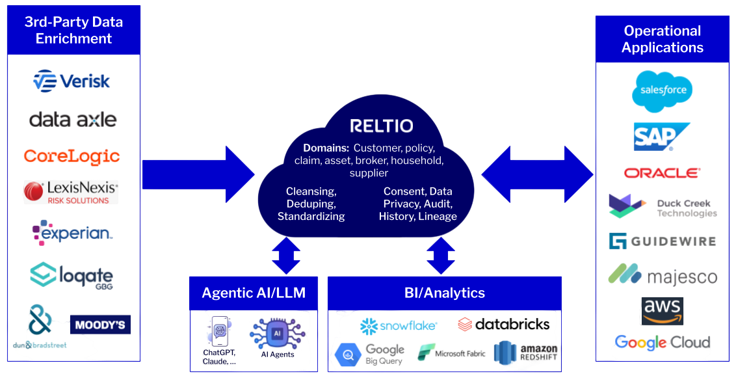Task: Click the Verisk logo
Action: tap(72, 81)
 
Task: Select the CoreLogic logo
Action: tap(72, 156)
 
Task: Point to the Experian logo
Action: tap(73, 232)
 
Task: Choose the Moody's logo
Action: tap(100, 325)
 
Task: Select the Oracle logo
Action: tap(662, 173)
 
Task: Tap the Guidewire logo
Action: tap(662, 241)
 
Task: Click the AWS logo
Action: tap(662, 310)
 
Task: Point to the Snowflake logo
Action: tap(399, 325)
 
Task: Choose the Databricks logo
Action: tap(504, 324)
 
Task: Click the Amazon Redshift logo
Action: tap(525, 353)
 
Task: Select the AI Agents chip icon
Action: tap(277, 335)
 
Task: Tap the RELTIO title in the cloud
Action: tap(381, 126)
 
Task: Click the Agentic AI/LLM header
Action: tap(254, 293)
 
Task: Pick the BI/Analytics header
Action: tap(444, 293)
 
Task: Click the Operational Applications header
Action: tap(662, 39)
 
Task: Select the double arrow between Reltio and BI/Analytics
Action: tap(441, 255)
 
